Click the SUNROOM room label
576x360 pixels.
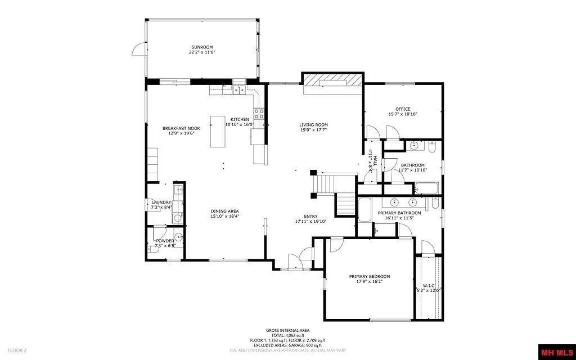(x=202, y=47)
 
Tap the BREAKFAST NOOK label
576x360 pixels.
(x=181, y=128)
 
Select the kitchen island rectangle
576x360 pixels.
(x=218, y=131)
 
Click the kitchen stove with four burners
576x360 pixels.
(x=259, y=114)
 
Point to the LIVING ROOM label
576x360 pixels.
(x=313, y=125)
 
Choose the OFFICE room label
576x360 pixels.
(x=403, y=109)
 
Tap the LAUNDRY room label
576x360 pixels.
(x=161, y=202)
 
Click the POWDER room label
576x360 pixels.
(x=165, y=241)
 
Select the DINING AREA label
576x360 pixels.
(x=225, y=211)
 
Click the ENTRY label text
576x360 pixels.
(x=310, y=216)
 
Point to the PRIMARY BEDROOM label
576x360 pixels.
(x=369, y=276)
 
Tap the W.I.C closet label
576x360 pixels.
(x=429, y=286)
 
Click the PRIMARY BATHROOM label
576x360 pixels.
(x=399, y=213)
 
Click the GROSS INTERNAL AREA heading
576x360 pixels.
(x=287, y=330)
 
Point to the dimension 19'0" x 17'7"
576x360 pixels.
(x=313, y=130)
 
